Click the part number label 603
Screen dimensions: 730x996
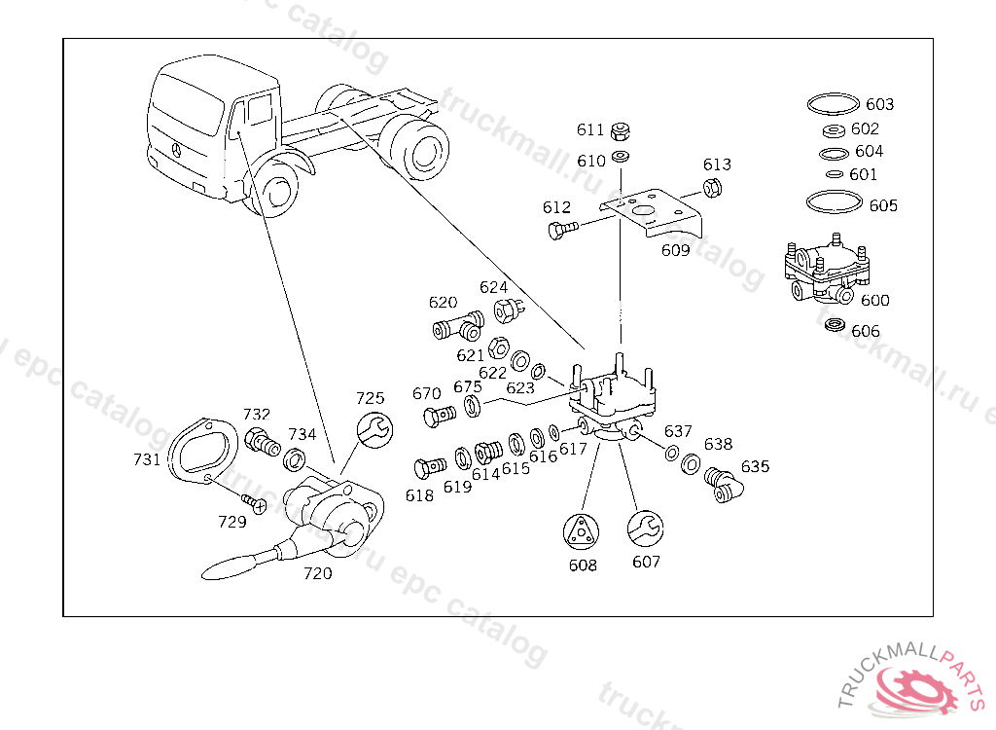point(879,104)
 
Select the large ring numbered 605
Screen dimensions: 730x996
point(834,202)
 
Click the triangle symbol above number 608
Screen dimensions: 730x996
point(582,531)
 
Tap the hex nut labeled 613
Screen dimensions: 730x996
point(711,188)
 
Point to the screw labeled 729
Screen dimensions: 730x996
point(255,503)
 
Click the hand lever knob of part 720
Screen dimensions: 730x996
point(228,565)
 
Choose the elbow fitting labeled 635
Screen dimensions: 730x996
point(719,484)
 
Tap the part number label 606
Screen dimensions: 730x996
point(865,331)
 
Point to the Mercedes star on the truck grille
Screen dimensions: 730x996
point(177,149)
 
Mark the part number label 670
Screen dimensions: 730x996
point(426,393)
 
